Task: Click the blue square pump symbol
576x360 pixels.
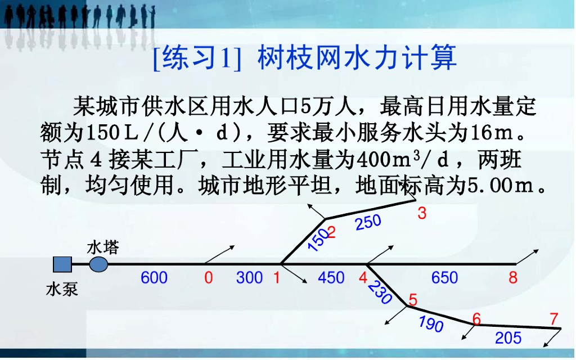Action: pyautogui.click(x=62, y=264)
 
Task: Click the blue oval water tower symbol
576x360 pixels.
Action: pyautogui.click(x=99, y=264)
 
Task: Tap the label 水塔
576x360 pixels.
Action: pyautogui.click(x=103, y=247)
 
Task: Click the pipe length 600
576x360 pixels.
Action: pyautogui.click(x=154, y=278)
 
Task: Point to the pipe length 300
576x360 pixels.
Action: pyautogui.click(x=249, y=278)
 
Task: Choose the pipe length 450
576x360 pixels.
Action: pyautogui.click(x=331, y=278)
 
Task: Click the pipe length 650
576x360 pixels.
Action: pyautogui.click(x=445, y=278)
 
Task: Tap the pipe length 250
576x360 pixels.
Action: pyautogui.click(x=368, y=222)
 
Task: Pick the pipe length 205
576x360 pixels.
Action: pyautogui.click(x=508, y=337)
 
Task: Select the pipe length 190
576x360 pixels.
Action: pyautogui.click(x=431, y=324)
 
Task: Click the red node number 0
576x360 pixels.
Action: pyautogui.click(x=209, y=278)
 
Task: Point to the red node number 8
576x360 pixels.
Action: pyautogui.click(x=513, y=278)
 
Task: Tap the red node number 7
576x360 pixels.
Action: pyautogui.click(x=555, y=318)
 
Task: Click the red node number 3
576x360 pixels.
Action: pyautogui.click(x=422, y=214)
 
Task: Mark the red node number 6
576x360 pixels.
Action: pyautogui.click(x=477, y=319)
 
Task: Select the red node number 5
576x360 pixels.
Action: pyautogui.click(x=413, y=300)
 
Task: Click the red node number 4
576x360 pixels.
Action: pyautogui.click(x=363, y=278)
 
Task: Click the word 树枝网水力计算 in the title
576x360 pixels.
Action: pyautogui.click(x=357, y=59)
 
